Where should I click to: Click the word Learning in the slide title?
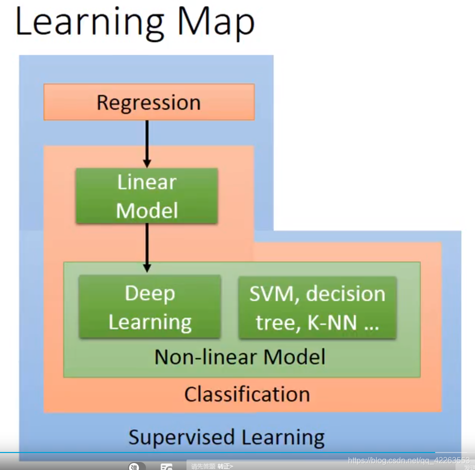(x=90, y=22)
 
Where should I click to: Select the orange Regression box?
(x=149, y=102)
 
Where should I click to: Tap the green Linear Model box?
(x=146, y=195)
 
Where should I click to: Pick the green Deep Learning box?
(x=149, y=306)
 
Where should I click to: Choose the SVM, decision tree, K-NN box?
(x=317, y=308)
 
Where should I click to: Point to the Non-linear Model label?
(x=240, y=357)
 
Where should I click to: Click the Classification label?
(x=247, y=394)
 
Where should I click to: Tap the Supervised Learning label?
(x=226, y=437)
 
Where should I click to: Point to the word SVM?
(x=273, y=294)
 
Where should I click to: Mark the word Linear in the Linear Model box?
(x=146, y=182)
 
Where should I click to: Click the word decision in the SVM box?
(x=346, y=294)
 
